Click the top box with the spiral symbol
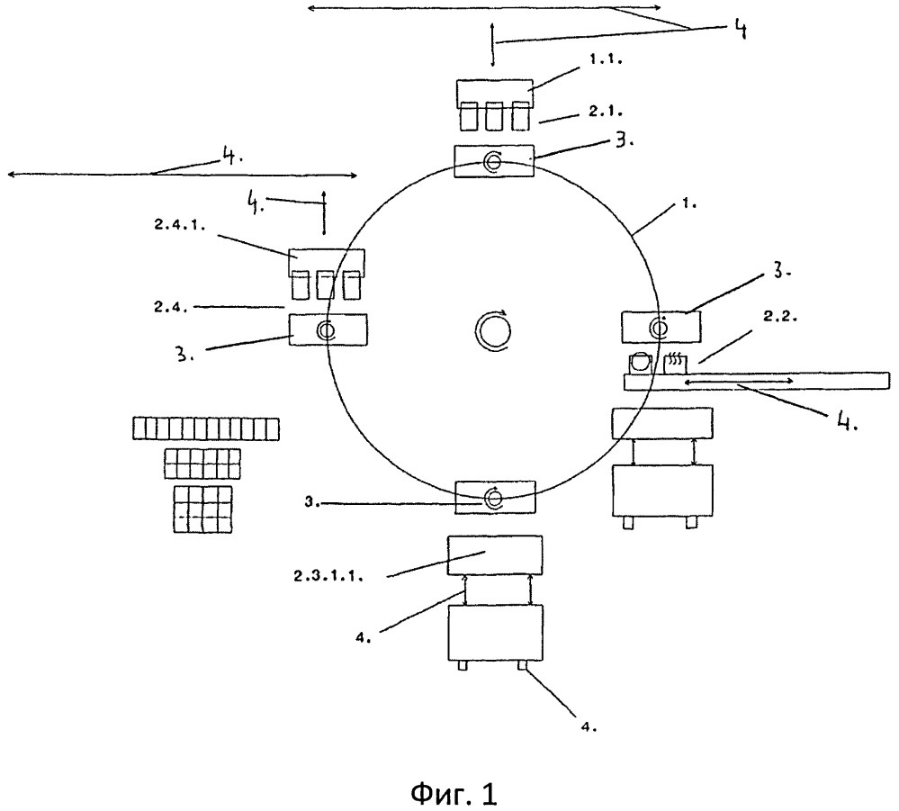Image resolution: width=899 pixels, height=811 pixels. pyautogui.click(x=494, y=163)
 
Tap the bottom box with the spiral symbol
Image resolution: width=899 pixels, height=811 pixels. pyautogui.click(x=494, y=498)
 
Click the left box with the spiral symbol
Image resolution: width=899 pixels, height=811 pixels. pyautogui.click(x=328, y=330)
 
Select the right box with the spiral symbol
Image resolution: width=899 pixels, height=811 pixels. pyautogui.click(x=661, y=325)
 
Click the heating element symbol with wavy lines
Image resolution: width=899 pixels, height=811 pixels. pyautogui.click(x=673, y=362)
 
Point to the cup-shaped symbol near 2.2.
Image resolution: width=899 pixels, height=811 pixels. pyautogui.click(x=639, y=362)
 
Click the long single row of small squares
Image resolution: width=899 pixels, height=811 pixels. pyautogui.click(x=206, y=428)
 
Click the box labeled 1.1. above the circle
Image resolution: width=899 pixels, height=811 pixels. pyautogui.click(x=494, y=94)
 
